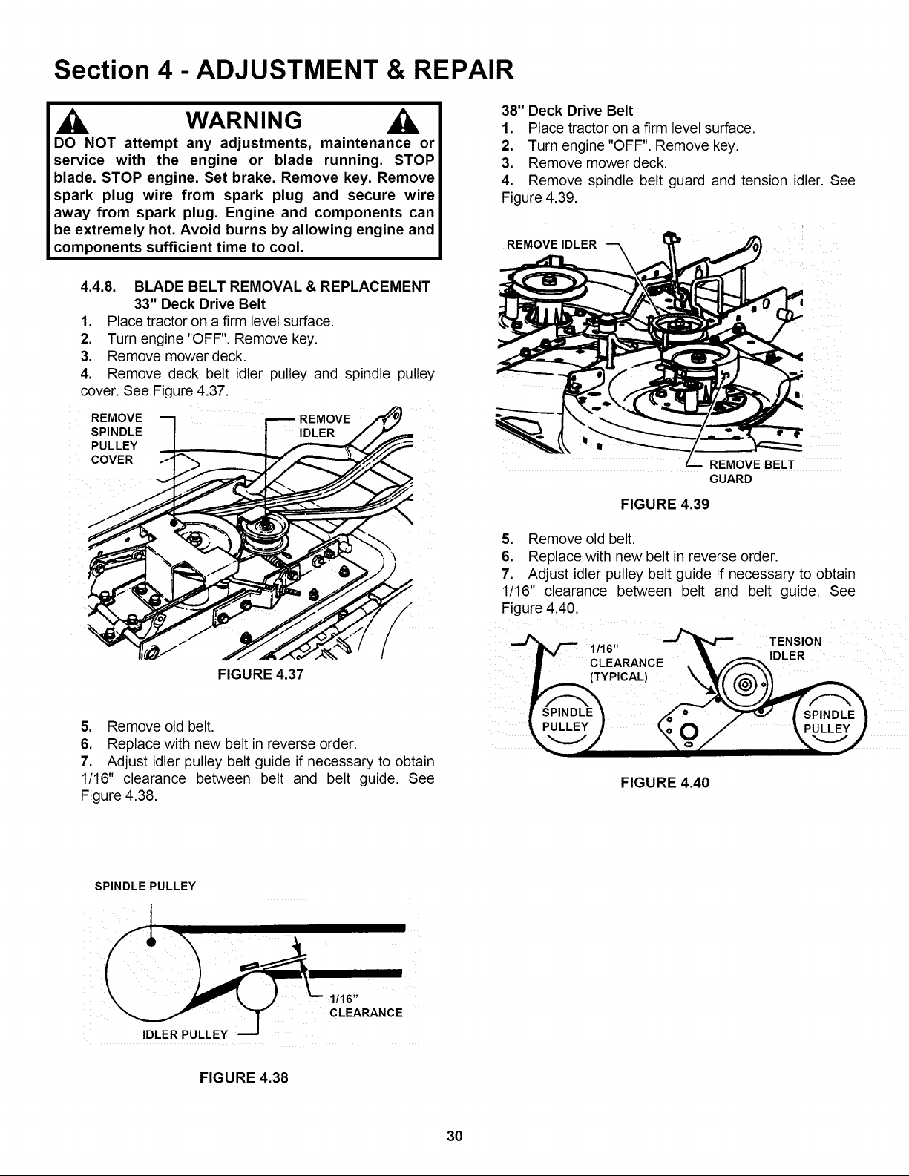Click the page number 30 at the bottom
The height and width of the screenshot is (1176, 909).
click(455, 1136)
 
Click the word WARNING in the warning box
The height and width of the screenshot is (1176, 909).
click(243, 120)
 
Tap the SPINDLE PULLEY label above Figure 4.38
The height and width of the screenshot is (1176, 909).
click(145, 886)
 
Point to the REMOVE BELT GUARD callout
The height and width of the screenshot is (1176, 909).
click(742, 472)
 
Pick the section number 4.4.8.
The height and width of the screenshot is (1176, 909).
click(102, 286)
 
